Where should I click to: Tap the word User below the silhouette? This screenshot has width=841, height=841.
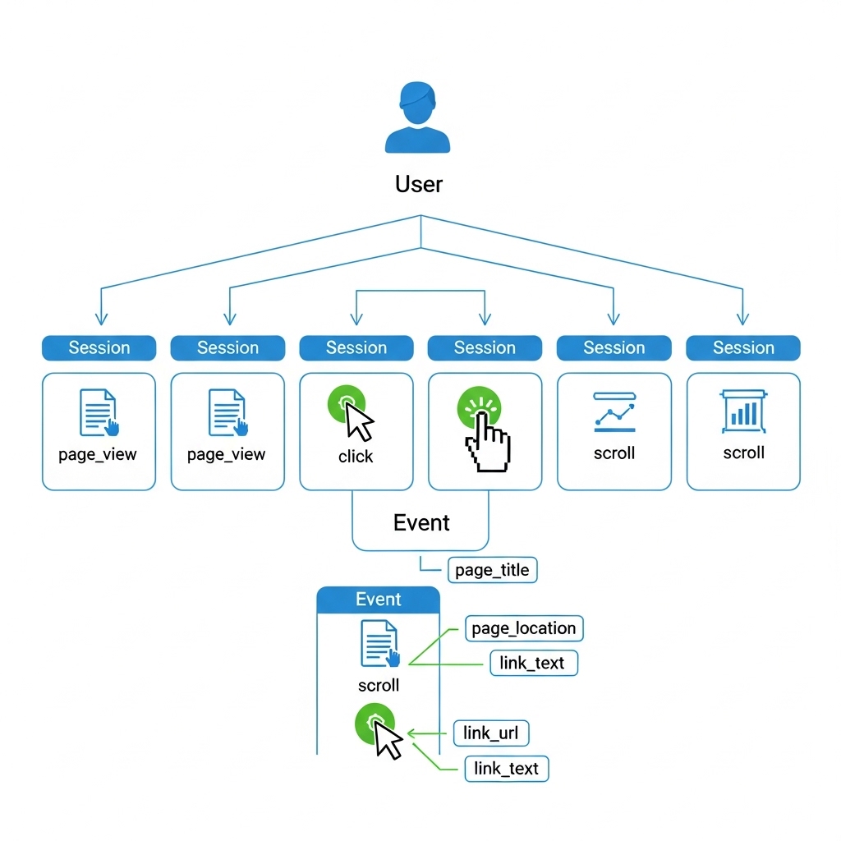click(x=418, y=184)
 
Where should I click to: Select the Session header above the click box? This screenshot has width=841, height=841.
click(x=356, y=348)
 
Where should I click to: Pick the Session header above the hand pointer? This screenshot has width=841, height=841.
click(x=485, y=348)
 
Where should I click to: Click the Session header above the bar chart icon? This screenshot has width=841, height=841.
click(x=742, y=348)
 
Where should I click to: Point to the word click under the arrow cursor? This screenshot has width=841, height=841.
click(x=356, y=457)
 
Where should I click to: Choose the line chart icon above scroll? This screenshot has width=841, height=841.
click(x=614, y=412)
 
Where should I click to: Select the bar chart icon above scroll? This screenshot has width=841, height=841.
click(x=743, y=411)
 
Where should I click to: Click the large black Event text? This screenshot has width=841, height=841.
click(x=421, y=523)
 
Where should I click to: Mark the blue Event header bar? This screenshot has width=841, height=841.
click(x=379, y=600)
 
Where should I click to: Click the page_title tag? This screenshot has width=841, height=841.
click(x=492, y=571)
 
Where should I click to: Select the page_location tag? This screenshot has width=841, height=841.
click(x=524, y=628)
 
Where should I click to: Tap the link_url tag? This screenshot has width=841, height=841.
click(x=490, y=733)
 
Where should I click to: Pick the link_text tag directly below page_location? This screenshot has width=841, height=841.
click(x=533, y=663)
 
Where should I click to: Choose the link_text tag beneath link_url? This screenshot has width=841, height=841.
click(x=506, y=769)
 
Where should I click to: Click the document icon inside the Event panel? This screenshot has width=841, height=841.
click(x=379, y=644)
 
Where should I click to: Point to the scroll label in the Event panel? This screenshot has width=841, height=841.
click(x=379, y=685)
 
